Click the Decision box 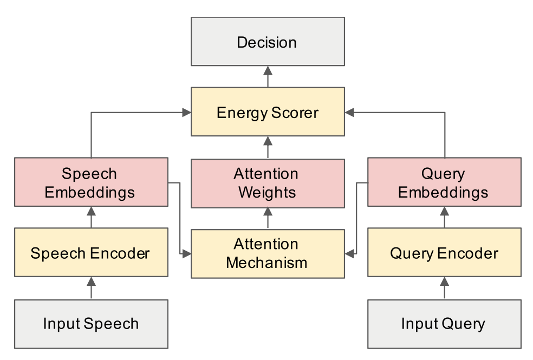point(268,42)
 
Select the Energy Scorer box point(268,112)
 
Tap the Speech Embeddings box point(91,182)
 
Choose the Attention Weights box point(268,184)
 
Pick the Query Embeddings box point(445,182)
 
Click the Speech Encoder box point(91,252)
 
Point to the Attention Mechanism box point(268,254)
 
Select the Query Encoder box point(445,252)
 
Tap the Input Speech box point(91,324)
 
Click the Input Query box point(445,324)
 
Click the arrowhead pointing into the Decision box point(268,70)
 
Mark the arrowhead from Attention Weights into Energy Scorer point(268,141)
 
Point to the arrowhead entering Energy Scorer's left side point(187,113)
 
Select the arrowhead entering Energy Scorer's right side point(349,113)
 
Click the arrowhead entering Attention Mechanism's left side point(187,253)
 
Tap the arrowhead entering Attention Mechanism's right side point(349,253)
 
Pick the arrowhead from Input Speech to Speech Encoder point(91,282)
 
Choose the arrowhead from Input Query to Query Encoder point(445,282)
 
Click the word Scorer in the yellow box point(295,113)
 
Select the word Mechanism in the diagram point(267,263)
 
